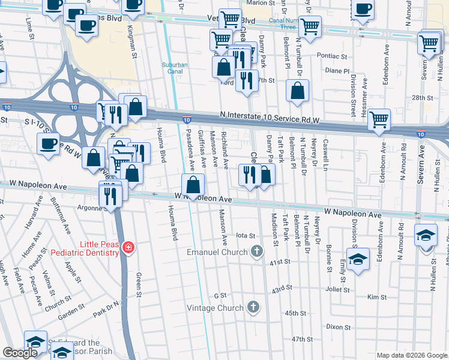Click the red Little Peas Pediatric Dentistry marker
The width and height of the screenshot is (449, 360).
click(127, 247)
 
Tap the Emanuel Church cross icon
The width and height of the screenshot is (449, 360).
click(257, 251)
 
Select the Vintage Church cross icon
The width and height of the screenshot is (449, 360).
click(253, 307)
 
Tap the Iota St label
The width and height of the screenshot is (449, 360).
click(246, 236)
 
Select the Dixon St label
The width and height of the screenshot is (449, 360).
click(339, 327)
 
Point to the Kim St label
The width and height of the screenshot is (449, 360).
click(376, 297)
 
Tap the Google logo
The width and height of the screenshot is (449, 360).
click(20, 353)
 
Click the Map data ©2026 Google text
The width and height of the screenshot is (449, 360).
click(412, 355)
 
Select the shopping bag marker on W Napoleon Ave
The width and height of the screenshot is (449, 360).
click(193, 185)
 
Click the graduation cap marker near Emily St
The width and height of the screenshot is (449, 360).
click(358, 259)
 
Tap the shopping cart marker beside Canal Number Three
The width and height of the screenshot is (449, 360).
click(310, 27)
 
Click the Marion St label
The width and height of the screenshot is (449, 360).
click(260, 3)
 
